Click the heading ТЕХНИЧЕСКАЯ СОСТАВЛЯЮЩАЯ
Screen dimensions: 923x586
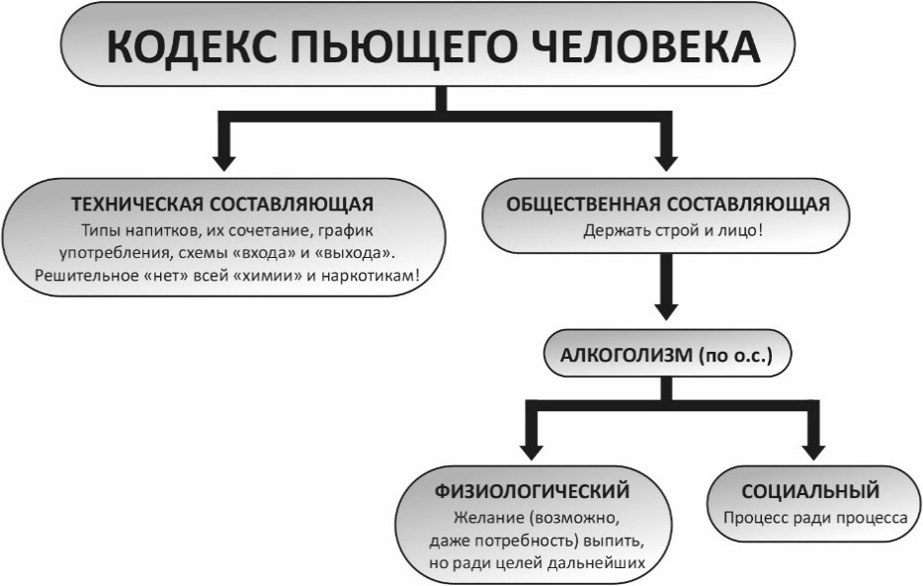[x=222, y=205]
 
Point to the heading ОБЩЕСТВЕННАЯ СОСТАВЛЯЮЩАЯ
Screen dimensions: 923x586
[x=668, y=205]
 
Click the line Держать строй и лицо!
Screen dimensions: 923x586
[x=673, y=230]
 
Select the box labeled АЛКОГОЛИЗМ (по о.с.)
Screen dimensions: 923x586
[x=667, y=354]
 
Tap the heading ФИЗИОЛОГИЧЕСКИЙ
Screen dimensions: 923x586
[x=532, y=491]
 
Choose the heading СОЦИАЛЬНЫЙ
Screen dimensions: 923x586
[x=810, y=491]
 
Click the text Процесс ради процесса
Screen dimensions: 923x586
[x=815, y=518]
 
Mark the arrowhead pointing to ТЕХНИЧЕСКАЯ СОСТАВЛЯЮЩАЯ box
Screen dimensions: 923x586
[x=224, y=163]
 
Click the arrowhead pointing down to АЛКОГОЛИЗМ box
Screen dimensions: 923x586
[x=666, y=311]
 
